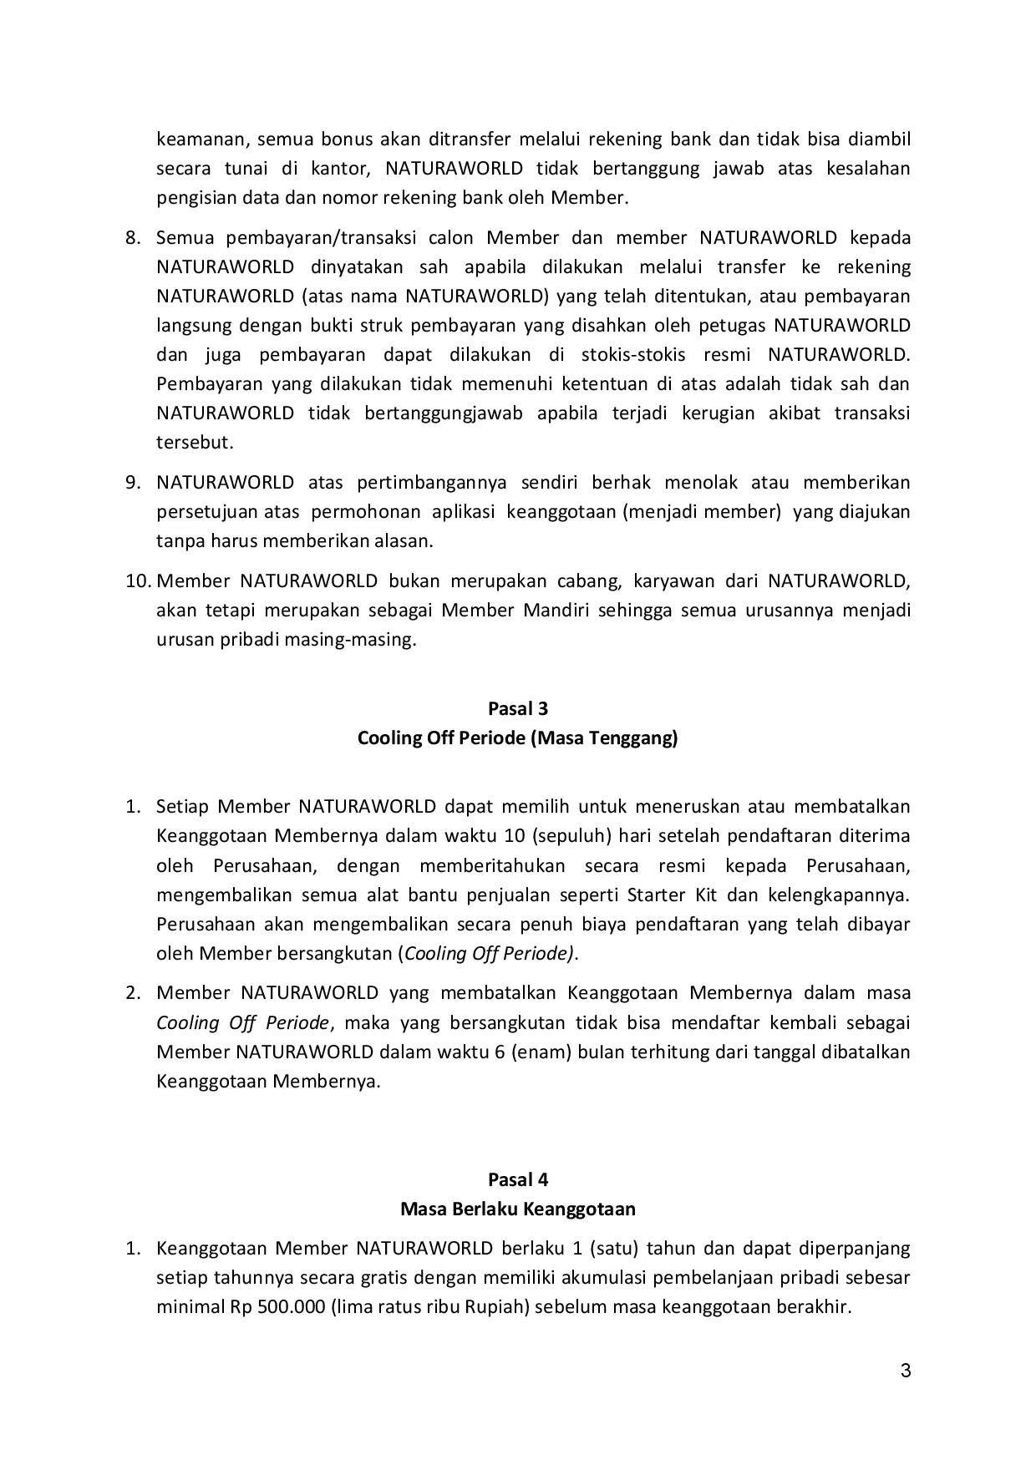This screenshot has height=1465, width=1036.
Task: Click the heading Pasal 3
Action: tap(517, 708)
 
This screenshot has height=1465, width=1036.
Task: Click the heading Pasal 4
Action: tap(517, 1179)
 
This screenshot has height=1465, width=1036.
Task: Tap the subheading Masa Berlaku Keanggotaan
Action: tap(517, 1209)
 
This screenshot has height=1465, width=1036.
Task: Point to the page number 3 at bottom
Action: tap(905, 1371)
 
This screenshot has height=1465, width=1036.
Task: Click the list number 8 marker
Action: tap(132, 237)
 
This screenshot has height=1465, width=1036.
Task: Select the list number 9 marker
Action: tap(132, 482)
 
